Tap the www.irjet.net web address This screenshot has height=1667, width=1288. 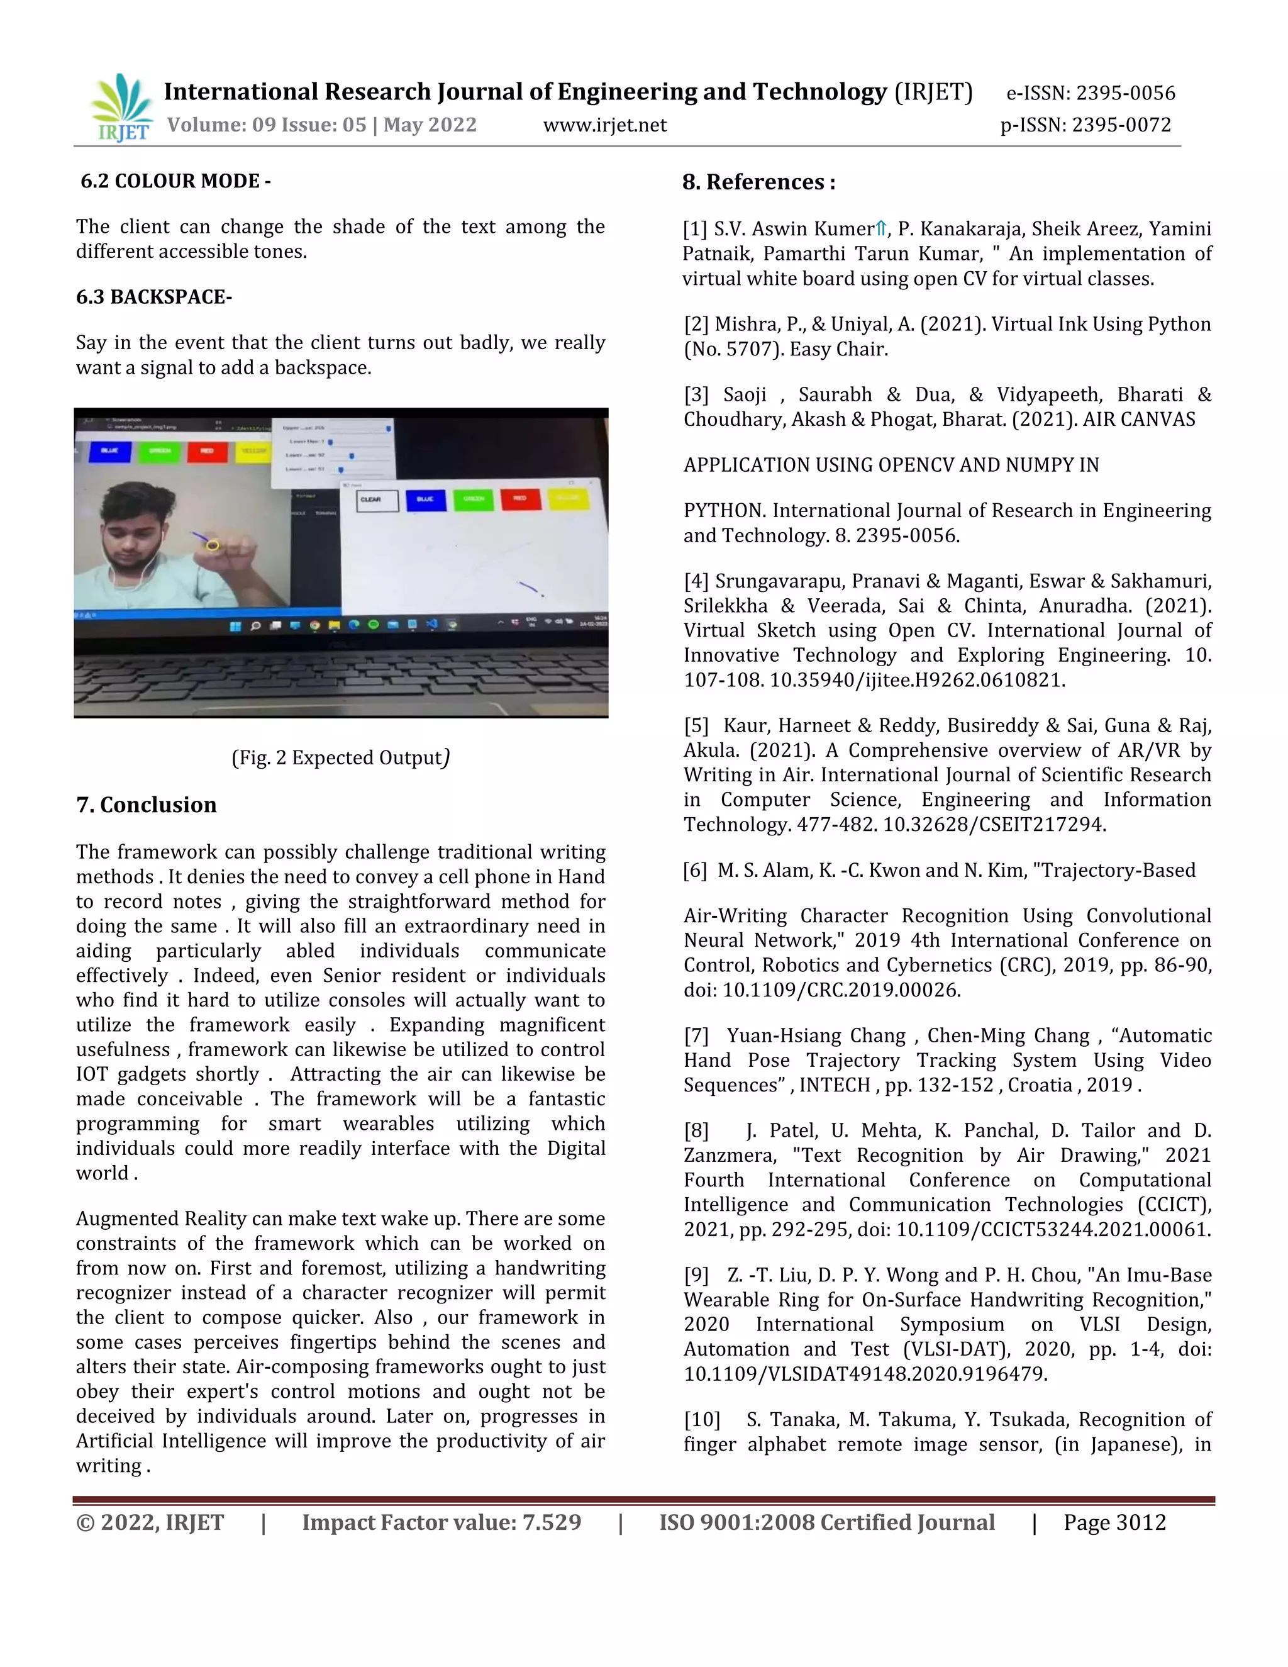(604, 125)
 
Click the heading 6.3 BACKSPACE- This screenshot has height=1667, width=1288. (154, 297)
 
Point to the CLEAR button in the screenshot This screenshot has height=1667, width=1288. (377, 500)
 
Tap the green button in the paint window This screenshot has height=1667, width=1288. (474, 499)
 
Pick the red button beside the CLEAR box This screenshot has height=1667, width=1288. (520, 499)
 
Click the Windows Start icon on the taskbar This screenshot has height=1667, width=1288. (235, 625)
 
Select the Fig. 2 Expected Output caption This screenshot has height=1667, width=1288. (340, 758)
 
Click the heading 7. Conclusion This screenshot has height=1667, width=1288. (147, 805)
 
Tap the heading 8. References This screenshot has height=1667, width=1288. (758, 182)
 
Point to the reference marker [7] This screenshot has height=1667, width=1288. (696, 1036)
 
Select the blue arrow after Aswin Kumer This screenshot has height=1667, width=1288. (881, 228)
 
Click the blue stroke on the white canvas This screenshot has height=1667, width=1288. (529, 588)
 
